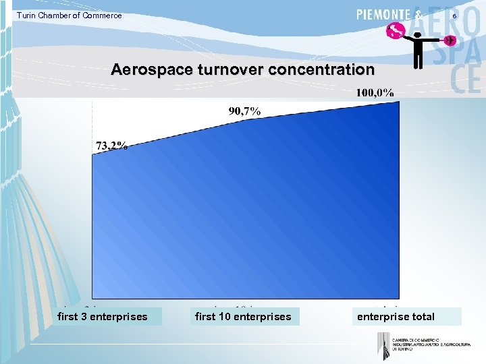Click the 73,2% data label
click(111, 146)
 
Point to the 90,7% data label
click(244, 111)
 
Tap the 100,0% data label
click(375, 92)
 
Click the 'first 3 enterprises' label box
click(103, 316)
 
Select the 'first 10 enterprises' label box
click(243, 316)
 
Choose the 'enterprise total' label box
click(396, 316)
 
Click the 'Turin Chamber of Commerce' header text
click(70, 16)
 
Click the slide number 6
click(454, 16)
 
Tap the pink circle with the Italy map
click(395, 30)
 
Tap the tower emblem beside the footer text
click(383, 345)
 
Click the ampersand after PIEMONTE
click(420, 15)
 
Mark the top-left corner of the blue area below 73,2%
click(93, 154)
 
